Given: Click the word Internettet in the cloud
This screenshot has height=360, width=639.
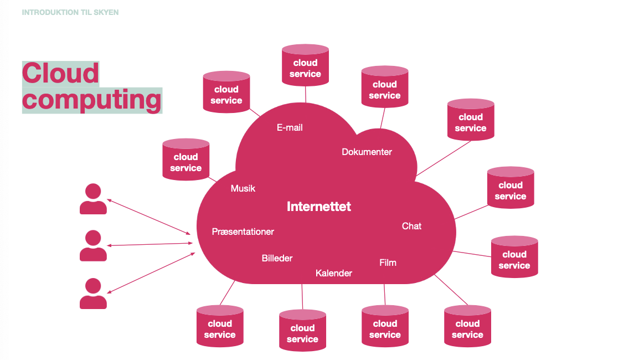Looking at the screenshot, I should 318,207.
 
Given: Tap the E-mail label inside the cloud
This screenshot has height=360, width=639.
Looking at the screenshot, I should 290,127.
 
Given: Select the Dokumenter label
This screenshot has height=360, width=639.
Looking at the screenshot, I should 367,152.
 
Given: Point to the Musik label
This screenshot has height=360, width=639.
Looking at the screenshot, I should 243,188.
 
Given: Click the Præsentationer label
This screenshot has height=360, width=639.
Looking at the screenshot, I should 243,232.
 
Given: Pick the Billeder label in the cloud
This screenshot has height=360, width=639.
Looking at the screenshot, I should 277,258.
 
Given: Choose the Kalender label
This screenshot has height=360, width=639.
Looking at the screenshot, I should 333,273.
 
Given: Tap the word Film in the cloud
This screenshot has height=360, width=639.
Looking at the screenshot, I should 388,263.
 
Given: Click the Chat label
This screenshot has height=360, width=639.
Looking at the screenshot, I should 411,226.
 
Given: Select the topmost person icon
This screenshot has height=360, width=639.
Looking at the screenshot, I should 93,199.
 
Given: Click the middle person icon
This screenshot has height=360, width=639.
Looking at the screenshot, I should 93,246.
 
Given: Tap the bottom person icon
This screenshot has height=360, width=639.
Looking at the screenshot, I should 93,294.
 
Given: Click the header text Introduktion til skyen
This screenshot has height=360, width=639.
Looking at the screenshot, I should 70,12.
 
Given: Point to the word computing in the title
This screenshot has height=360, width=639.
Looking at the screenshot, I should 92,100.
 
